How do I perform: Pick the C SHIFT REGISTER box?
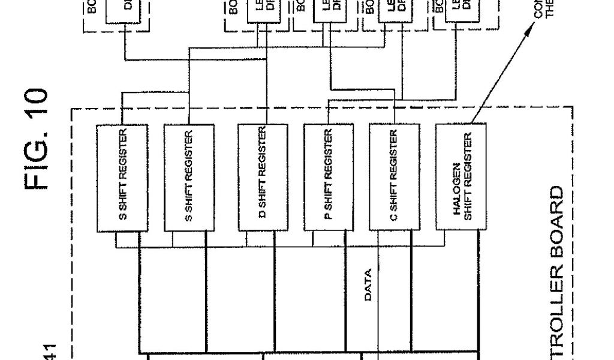[393, 178]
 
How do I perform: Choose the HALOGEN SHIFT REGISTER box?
[460, 178]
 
